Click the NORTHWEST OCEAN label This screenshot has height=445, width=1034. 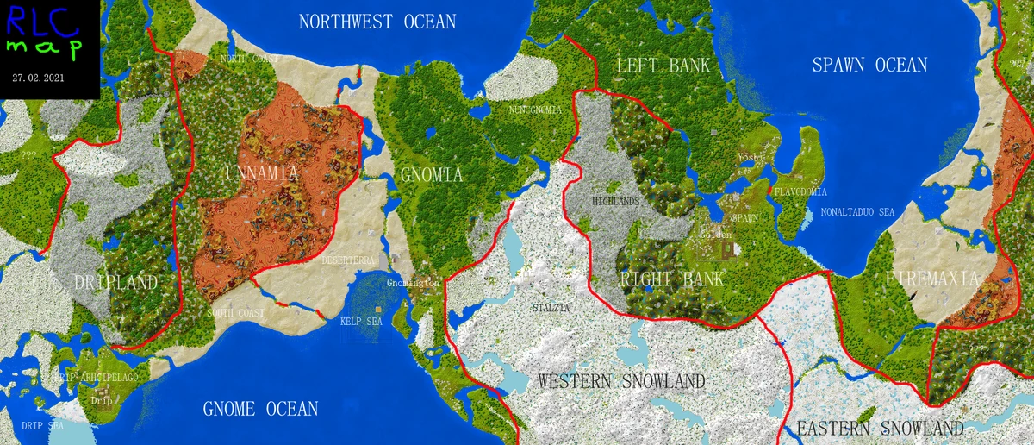[x=377, y=22]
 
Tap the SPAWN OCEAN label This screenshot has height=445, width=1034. [x=869, y=65]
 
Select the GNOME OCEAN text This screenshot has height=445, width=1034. [x=261, y=409]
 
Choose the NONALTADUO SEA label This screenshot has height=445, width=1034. [x=858, y=211]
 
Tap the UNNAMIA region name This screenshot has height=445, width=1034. [x=262, y=174]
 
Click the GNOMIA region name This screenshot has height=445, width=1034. [x=432, y=175]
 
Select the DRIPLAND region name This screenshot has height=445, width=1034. [x=115, y=283]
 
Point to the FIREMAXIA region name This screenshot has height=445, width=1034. [x=932, y=279]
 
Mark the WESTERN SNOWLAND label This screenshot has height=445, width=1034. [x=621, y=381]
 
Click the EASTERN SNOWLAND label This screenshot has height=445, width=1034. [x=879, y=429]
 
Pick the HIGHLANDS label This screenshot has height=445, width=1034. [x=616, y=201]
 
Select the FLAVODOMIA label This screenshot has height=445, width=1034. [x=800, y=191]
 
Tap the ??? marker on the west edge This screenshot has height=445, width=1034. [x=32, y=154]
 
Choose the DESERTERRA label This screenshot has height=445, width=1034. [x=348, y=259]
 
